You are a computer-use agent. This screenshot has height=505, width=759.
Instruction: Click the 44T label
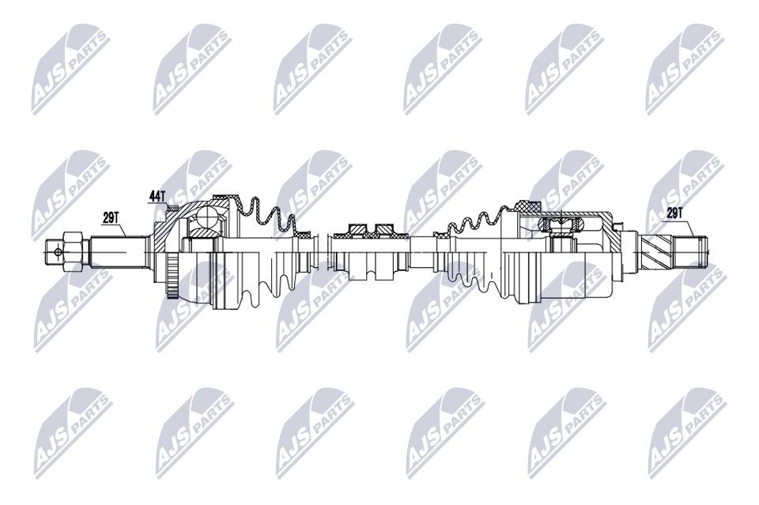(x=157, y=194)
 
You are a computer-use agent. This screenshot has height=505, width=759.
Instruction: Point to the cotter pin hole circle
(x=57, y=253)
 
